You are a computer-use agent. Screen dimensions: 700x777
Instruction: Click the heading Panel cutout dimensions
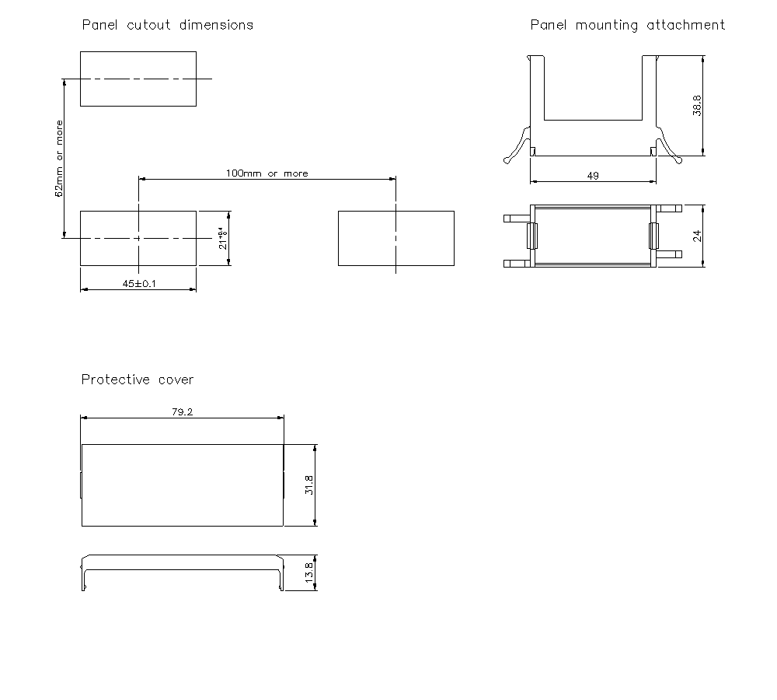point(168,25)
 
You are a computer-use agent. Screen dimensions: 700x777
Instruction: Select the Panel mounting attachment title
point(627,25)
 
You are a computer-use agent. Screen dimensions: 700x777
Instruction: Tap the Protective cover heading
point(138,380)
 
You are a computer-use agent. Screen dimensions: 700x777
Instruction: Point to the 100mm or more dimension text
point(267,173)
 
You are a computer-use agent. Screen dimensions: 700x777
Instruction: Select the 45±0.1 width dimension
point(138,284)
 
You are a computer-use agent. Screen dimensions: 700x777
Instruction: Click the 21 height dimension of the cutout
point(222,238)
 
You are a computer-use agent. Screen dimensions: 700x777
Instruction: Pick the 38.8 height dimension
point(697,106)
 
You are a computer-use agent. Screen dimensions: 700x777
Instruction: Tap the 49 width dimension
point(593,177)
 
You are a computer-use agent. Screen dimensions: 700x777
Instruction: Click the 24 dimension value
point(697,235)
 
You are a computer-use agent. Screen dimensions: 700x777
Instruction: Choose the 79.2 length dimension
point(182,412)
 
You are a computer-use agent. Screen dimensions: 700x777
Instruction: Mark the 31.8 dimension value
point(308,485)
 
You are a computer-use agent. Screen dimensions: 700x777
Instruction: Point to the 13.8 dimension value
point(308,573)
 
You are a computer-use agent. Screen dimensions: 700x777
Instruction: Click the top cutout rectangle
point(138,79)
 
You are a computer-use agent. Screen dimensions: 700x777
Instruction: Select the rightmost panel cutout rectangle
point(395,238)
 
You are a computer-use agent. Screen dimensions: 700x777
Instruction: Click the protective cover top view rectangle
point(182,485)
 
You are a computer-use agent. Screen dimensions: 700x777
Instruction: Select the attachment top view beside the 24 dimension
point(593,235)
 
